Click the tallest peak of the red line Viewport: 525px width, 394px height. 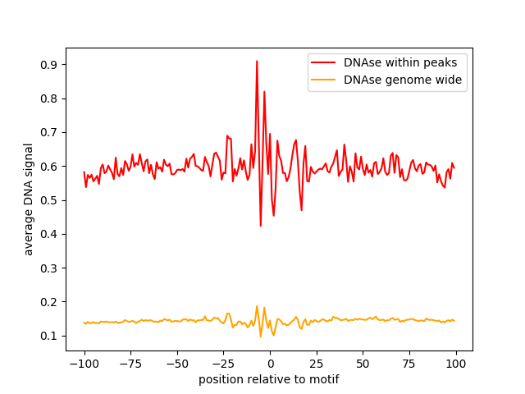pos(257,61)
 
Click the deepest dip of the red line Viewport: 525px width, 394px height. pos(261,226)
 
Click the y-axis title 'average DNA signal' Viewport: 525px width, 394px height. pos(29,199)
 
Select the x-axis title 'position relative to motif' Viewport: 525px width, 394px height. pos(268,379)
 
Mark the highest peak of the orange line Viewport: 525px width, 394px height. pos(257,306)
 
